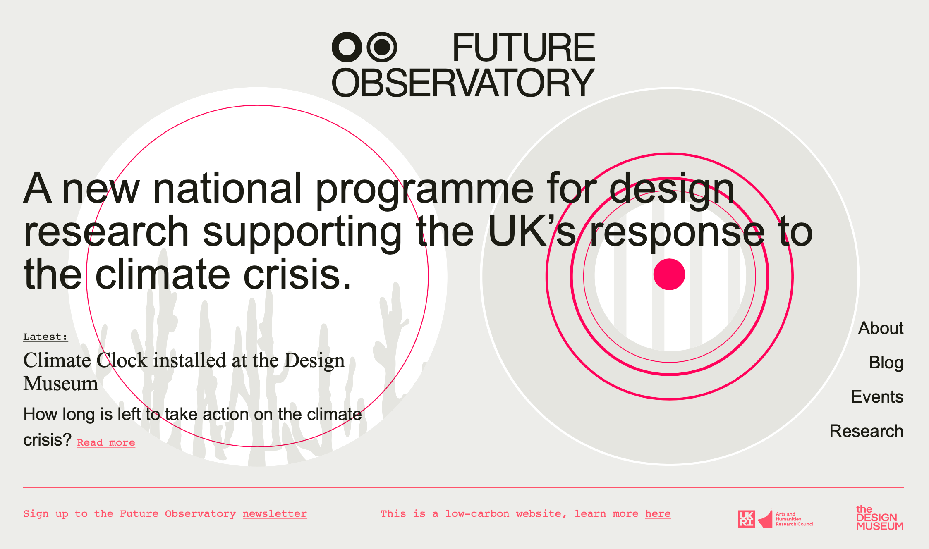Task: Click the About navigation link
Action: click(881, 328)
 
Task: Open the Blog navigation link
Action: click(886, 363)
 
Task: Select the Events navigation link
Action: click(877, 397)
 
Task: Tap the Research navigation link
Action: click(867, 431)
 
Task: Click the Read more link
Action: click(106, 443)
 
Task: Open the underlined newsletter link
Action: click(275, 514)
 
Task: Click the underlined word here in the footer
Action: click(658, 514)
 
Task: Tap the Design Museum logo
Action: click(880, 518)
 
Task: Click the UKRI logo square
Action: click(746, 519)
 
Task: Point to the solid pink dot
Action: click(669, 274)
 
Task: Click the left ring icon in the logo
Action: click(347, 47)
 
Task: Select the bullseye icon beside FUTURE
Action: click(381, 47)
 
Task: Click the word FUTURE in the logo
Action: click(524, 48)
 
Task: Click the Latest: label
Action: click(45, 337)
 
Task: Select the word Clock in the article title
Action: click(122, 360)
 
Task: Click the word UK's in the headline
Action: click(532, 232)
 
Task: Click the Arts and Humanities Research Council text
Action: click(795, 519)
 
